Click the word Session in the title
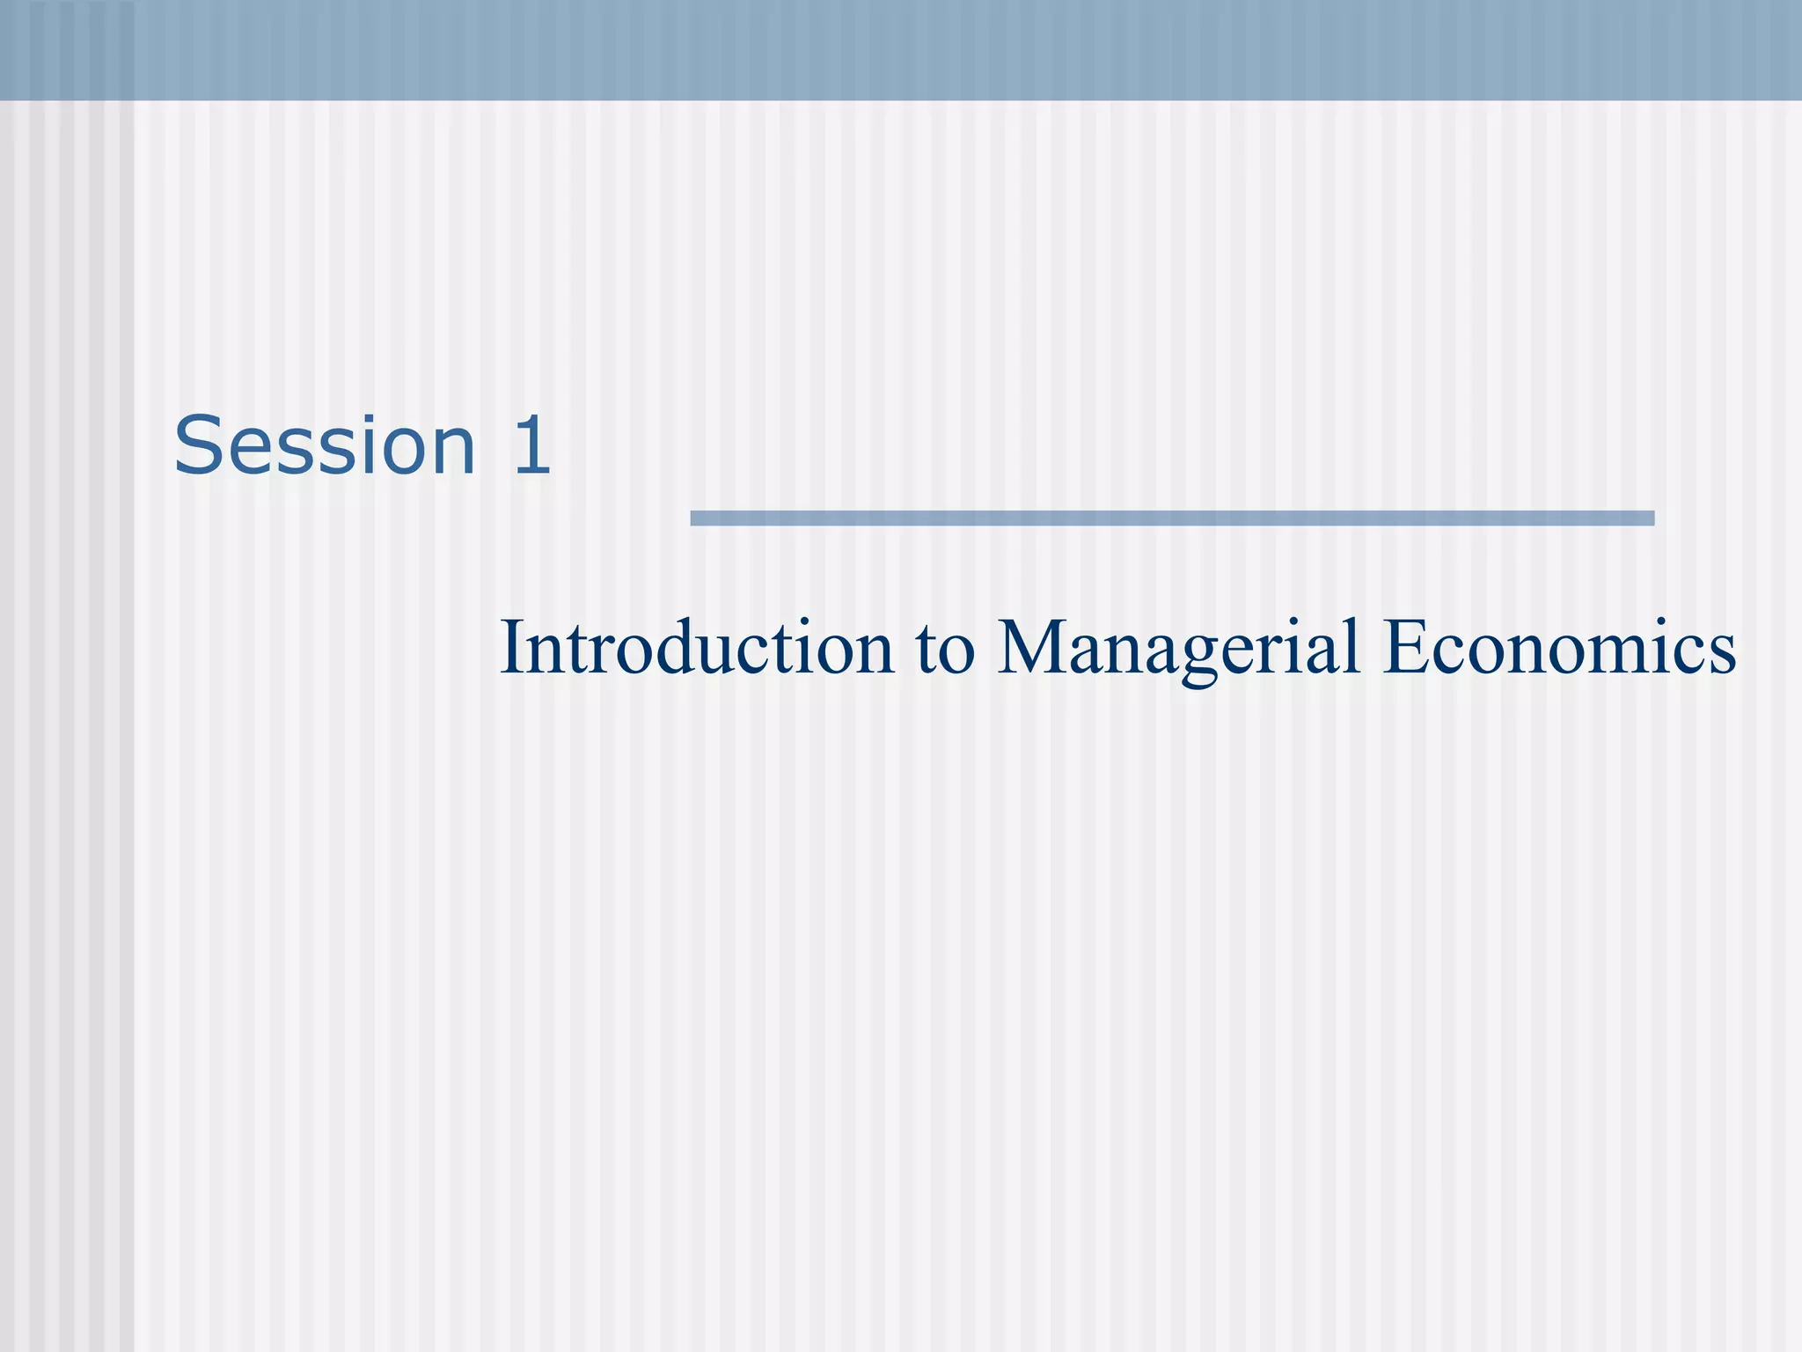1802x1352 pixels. (x=325, y=446)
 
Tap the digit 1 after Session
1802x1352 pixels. (x=531, y=446)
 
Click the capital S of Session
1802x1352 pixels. (x=197, y=446)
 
